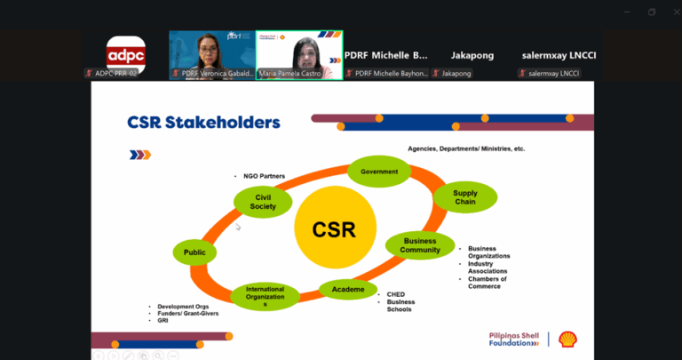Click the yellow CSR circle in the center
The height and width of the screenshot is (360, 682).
(333, 229)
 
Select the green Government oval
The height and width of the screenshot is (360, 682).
(379, 172)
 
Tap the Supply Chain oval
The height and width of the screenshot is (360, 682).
(464, 196)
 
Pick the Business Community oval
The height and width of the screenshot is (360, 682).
(421, 245)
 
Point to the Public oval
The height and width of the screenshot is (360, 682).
(194, 252)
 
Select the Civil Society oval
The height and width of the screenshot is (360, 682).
(263, 202)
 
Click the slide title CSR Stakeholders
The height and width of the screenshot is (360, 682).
(204, 122)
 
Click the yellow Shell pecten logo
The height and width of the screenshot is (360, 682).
(567, 339)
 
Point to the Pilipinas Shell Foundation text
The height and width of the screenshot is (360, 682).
(513, 339)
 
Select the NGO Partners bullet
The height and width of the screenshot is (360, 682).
(264, 176)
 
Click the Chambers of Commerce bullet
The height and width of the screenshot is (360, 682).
(487, 282)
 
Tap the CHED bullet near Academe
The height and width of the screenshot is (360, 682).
(395, 294)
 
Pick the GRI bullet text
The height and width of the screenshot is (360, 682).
(163, 320)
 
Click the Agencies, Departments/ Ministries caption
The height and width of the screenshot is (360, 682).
(466, 148)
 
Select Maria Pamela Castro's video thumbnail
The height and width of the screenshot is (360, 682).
(298, 55)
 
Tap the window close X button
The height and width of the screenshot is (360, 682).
(673, 12)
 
